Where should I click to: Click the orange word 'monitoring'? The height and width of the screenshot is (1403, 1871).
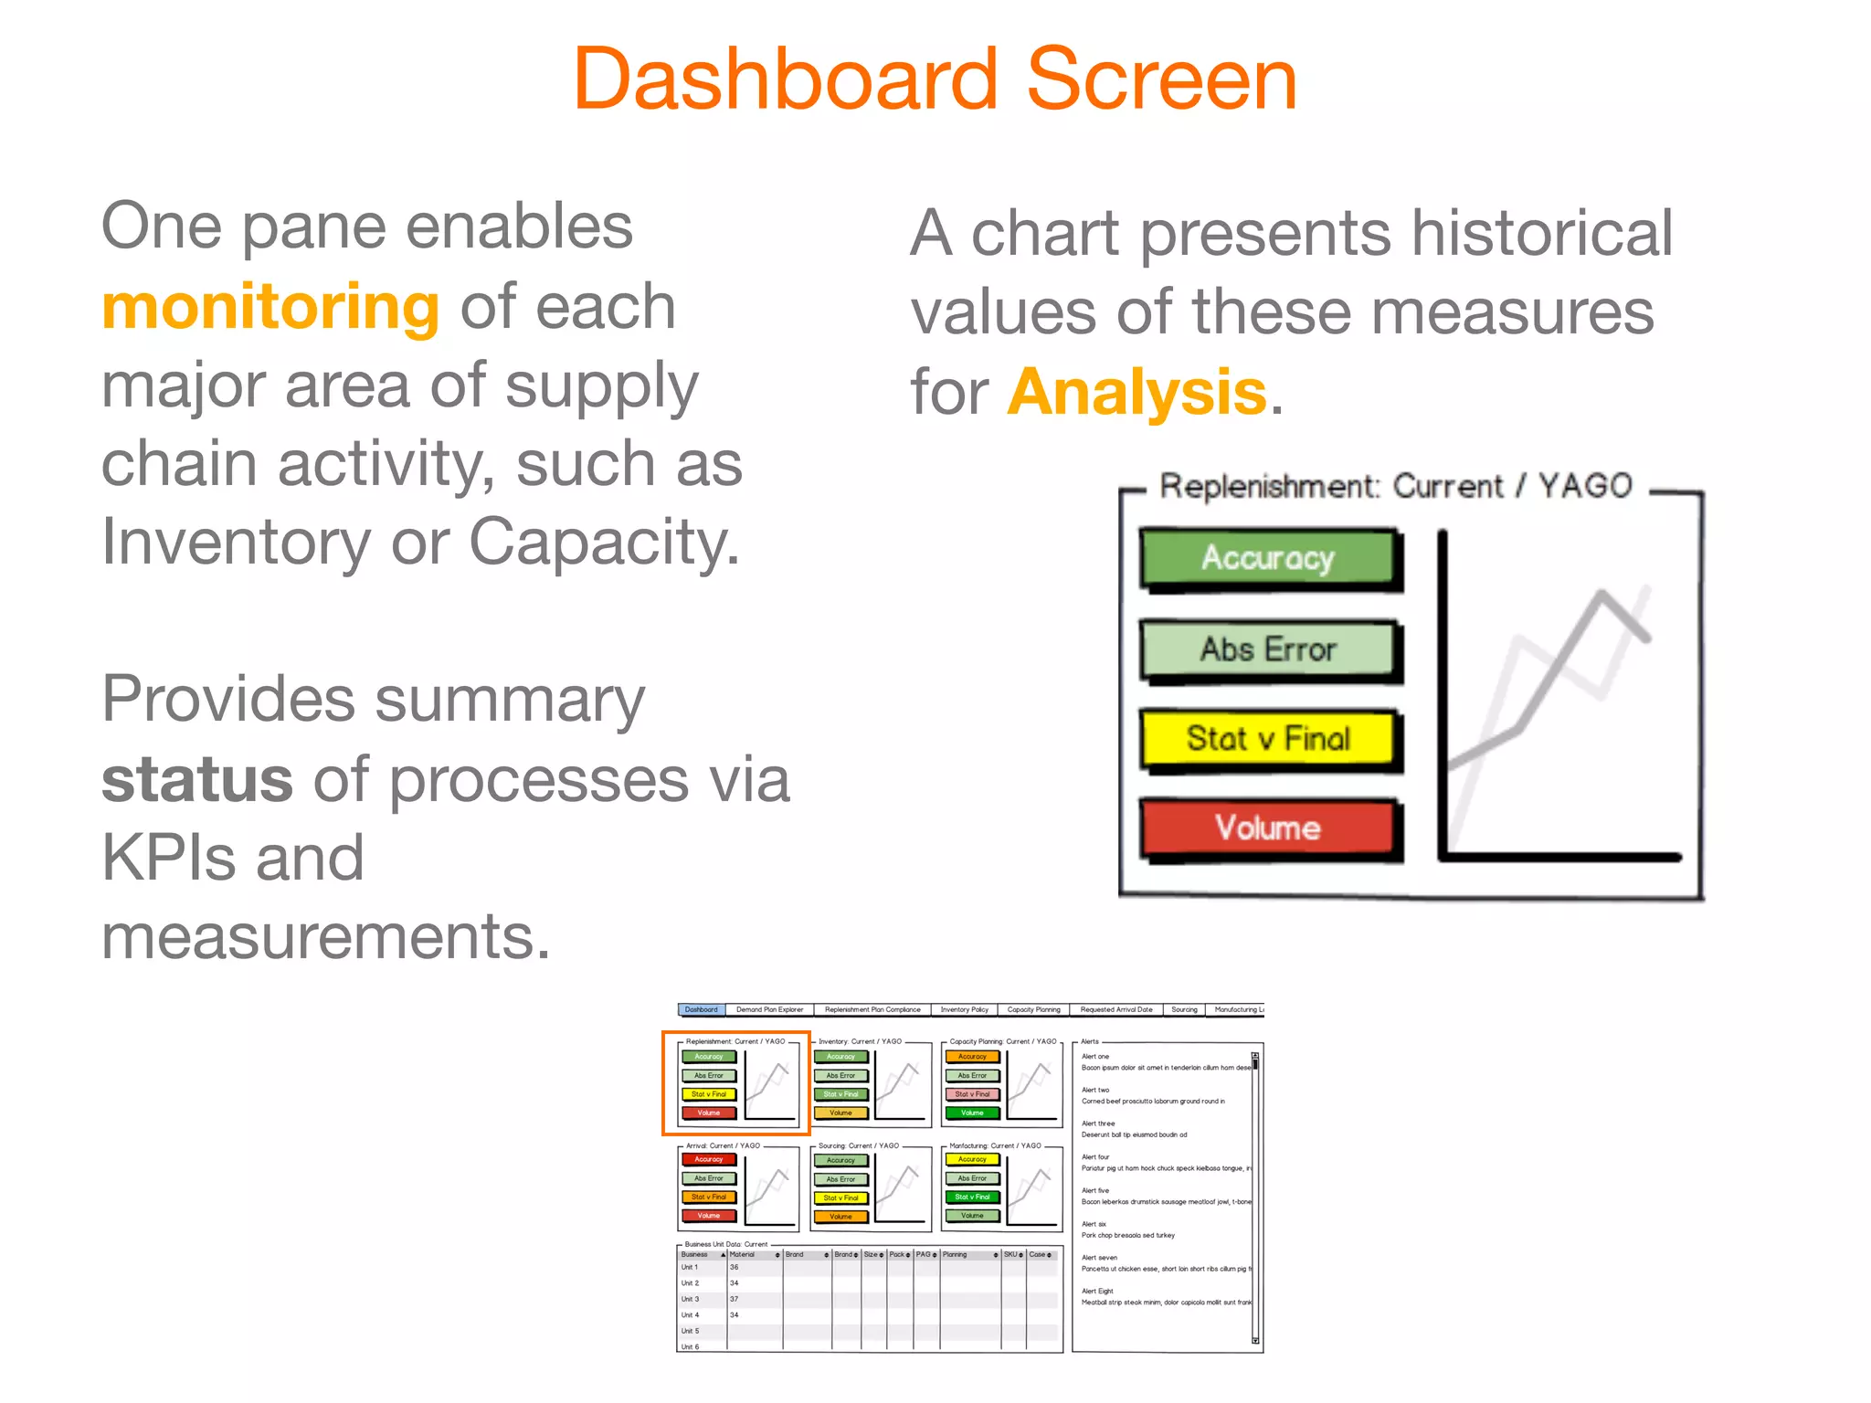(270, 308)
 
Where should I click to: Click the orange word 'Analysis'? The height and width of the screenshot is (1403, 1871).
(1136, 393)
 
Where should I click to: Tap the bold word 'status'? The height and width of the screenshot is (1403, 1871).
(197, 780)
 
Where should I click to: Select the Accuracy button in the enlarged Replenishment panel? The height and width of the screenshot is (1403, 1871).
(1268, 557)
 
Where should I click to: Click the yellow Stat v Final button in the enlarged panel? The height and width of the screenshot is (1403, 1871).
(1268, 738)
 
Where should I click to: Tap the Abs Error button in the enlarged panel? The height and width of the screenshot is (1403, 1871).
(1268, 649)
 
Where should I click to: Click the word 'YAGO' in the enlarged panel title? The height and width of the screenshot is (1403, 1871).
(1584, 486)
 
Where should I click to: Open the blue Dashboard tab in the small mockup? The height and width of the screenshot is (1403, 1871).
(702, 1009)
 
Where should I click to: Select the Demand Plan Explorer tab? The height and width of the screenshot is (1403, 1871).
(769, 1009)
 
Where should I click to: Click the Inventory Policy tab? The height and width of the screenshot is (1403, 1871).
(964, 1009)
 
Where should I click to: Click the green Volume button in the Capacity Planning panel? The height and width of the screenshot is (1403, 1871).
(972, 1113)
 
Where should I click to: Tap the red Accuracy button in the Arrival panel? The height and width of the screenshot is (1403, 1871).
(709, 1159)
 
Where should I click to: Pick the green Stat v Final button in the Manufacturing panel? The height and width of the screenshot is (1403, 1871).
(972, 1197)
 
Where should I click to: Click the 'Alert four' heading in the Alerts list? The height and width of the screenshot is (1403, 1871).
(1095, 1157)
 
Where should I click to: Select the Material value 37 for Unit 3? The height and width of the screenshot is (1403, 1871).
(734, 1299)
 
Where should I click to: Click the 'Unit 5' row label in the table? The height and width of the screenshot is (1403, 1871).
(690, 1331)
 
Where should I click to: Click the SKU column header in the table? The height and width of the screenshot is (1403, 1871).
(1010, 1254)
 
